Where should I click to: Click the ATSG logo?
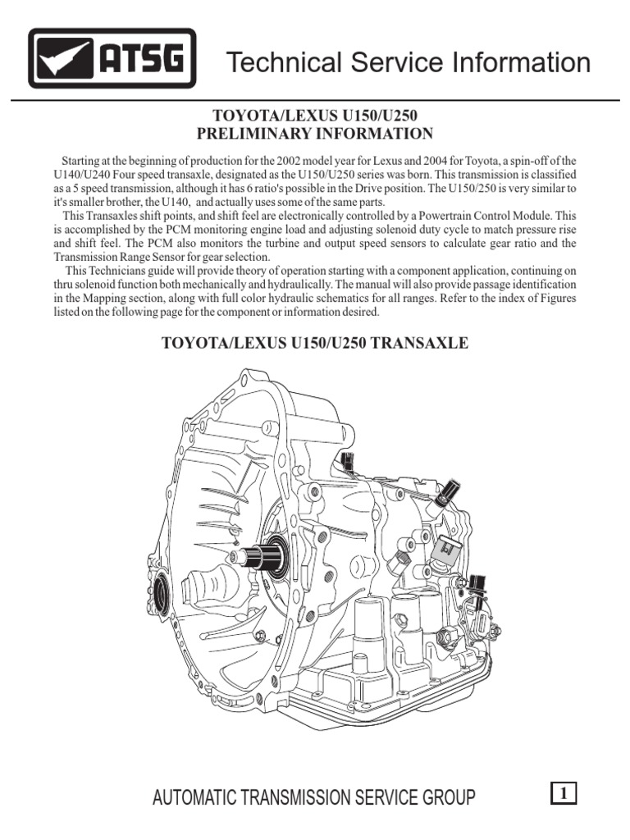(x=112, y=58)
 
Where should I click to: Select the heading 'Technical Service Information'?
(x=408, y=62)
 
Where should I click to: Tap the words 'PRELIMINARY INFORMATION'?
(x=315, y=134)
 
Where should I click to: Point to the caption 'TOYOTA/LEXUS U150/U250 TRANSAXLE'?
(x=315, y=343)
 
